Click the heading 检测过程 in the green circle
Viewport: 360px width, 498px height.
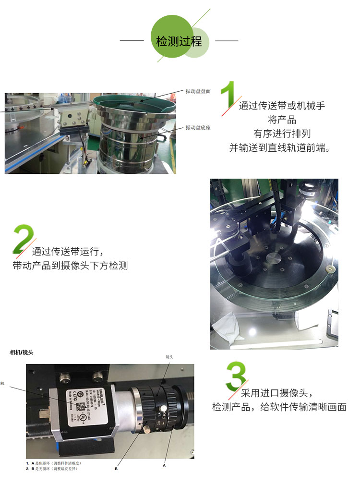pyautogui.click(x=179, y=41)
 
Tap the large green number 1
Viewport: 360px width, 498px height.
pyautogui.click(x=229, y=96)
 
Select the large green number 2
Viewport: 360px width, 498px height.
pyautogui.click(x=23, y=239)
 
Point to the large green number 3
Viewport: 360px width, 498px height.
pyautogui.click(x=236, y=376)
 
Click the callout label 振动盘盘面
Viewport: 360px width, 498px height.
pyautogui.click(x=198, y=91)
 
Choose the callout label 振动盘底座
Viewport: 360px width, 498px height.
pyautogui.click(x=198, y=128)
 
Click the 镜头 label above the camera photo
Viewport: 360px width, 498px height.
pyautogui.click(x=169, y=357)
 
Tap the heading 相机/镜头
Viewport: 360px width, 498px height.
pyautogui.click(x=22, y=352)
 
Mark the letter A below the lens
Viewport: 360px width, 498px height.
pyautogui.click(x=164, y=465)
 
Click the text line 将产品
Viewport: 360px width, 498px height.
pyautogui.click(x=282, y=120)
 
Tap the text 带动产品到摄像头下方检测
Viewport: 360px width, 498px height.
pyautogui.click(x=70, y=266)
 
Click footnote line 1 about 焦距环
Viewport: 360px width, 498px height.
pyautogui.click(x=53, y=463)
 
